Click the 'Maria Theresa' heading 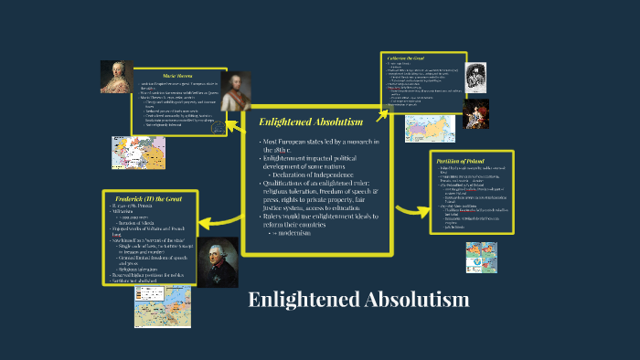(179, 78)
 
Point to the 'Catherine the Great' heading (406, 58)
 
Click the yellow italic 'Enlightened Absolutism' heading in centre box (311, 122)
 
